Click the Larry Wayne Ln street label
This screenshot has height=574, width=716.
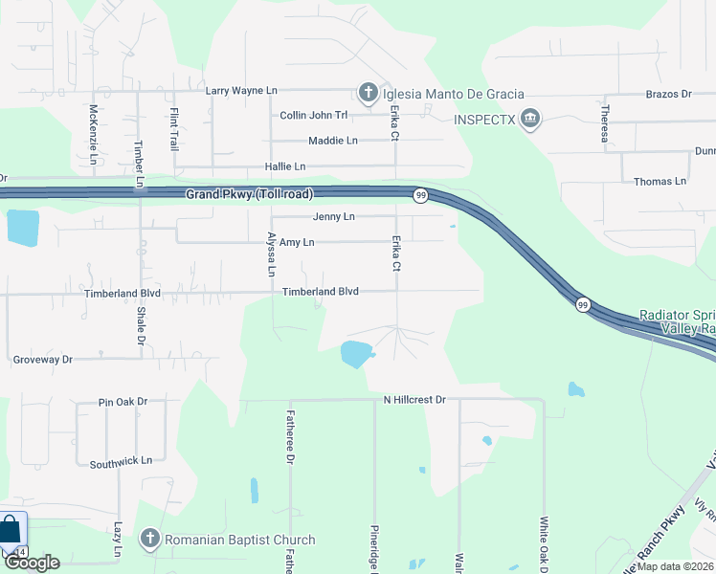tap(241, 91)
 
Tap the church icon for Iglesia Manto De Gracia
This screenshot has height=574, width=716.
tap(368, 93)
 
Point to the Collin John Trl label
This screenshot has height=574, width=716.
tap(313, 116)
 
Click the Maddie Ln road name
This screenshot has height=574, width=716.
tap(332, 141)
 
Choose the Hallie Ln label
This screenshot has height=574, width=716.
tap(285, 166)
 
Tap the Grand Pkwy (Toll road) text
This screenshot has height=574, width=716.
tap(249, 194)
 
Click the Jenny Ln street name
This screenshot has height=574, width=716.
tap(333, 217)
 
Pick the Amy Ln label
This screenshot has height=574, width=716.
tap(296, 243)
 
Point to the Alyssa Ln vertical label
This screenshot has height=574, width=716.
tap(272, 254)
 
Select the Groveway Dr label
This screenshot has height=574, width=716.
tap(42, 360)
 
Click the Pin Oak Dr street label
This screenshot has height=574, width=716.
tap(123, 402)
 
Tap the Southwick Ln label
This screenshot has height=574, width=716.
tap(121, 462)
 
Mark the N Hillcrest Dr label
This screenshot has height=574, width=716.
tap(414, 399)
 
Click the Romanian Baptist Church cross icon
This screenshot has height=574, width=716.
tap(148, 540)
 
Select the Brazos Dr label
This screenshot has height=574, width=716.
tap(669, 95)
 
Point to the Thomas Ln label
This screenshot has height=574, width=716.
tap(660, 181)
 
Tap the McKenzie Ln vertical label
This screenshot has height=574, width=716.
tap(93, 134)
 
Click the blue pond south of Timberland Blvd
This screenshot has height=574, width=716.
tap(355, 354)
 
